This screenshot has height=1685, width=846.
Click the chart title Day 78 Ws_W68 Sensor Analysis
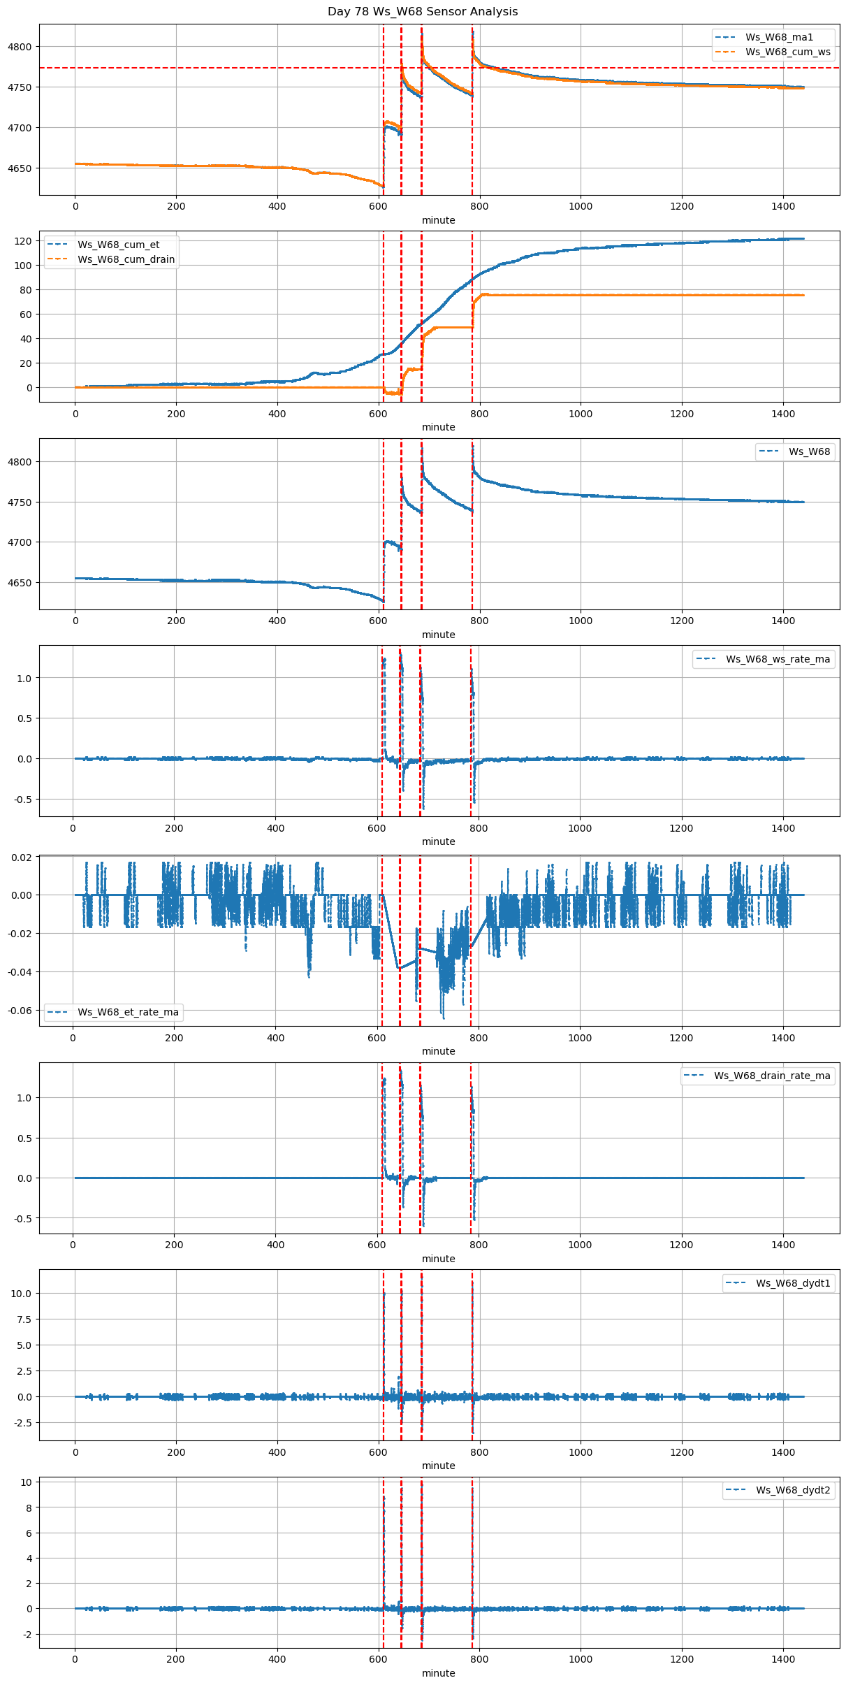423,12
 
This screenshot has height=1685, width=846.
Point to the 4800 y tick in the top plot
20,47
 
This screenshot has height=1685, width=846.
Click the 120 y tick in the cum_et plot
24,241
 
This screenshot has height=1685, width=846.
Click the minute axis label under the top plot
439,220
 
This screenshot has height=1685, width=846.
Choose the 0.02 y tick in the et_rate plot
21,858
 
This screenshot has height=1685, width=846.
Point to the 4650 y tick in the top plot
20,168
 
